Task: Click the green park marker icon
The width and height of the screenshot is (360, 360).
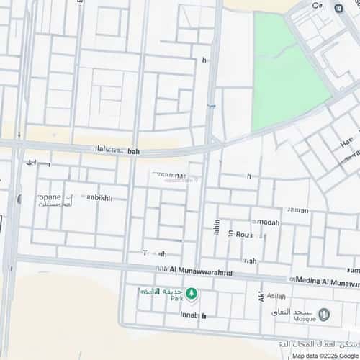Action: (x=192, y=293)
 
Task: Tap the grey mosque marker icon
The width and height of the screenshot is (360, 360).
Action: (x=324, y=314)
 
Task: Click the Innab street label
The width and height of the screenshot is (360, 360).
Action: (x=189, y=315)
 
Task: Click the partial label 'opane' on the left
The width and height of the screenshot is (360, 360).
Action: (x=48, y=194)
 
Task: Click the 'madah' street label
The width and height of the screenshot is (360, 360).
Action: (x=267, y=222)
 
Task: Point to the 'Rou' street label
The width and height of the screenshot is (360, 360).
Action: (x=244, y=234)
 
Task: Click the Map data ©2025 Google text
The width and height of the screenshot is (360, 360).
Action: (x=323, y=356)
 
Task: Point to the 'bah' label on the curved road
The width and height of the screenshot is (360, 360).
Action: (x=133, y=152)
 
